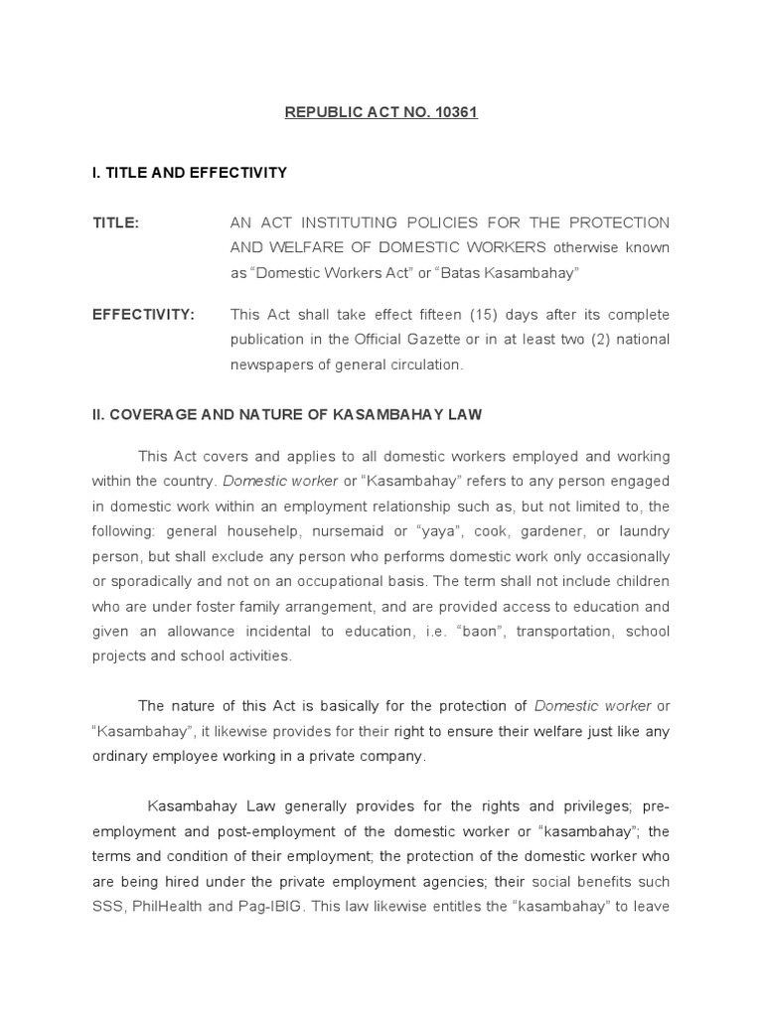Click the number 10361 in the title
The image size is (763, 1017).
456,112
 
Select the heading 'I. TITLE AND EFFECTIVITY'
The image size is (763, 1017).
190,173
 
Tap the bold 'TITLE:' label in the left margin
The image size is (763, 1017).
116,223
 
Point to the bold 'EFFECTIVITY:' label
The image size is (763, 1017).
144,315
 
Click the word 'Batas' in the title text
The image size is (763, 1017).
470,272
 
